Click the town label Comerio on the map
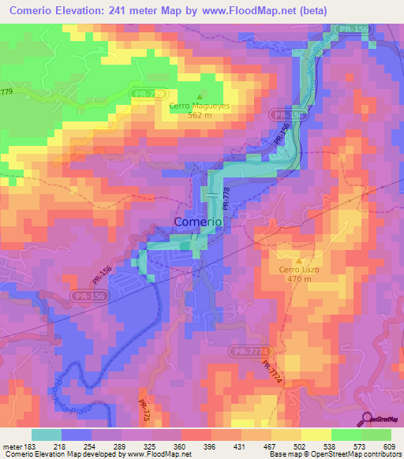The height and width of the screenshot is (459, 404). [x=197, y=222]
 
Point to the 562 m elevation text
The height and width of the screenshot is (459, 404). [x=200, y=115]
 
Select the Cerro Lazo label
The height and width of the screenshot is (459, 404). [x=298, y=269]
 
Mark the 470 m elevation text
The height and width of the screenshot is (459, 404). [x=299, y=279]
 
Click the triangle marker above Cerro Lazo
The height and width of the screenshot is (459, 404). [x=299, y=260]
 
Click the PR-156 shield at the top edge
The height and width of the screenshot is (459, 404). [x=353, y=28]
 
